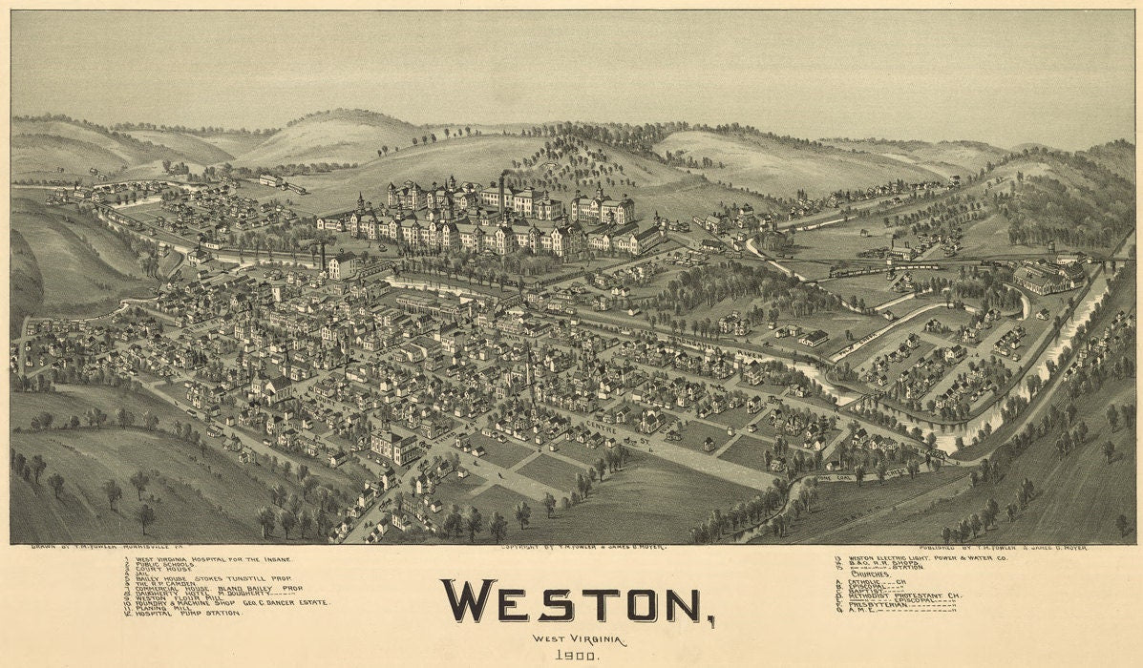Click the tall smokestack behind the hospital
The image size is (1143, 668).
(501, 191)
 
